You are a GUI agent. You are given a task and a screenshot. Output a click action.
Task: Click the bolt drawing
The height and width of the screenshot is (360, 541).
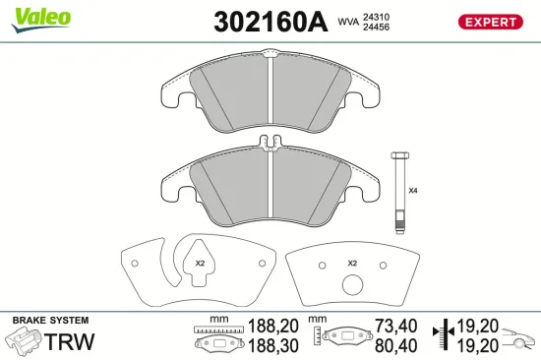click(399, 191)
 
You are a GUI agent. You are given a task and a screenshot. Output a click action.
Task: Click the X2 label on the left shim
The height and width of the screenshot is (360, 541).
click(200, 263)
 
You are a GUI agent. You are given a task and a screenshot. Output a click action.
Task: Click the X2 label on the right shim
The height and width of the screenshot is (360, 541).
click(352, 264)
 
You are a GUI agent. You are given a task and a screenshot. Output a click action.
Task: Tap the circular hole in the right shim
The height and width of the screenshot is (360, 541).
click(352, 288)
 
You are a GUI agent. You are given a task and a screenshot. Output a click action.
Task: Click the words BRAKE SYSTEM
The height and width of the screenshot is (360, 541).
click(49, 322)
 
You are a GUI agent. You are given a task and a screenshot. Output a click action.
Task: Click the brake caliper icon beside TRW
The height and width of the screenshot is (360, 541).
click(24, 342)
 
